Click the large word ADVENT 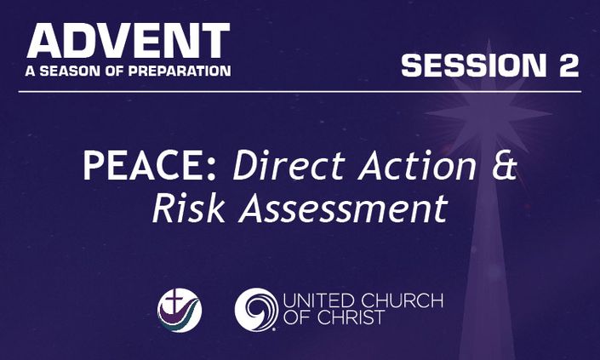click(x=129, y=41)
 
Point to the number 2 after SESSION click(x=568, y=65)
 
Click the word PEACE click(x=145, y=165)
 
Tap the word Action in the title click(x=418, y=165)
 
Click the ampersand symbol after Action click(x=505, y=165)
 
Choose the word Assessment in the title click(x=343, y=208)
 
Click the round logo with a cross click(x=180, y=311)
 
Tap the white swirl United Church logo click(x=256, y=310)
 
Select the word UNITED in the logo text click(x=319, y=301)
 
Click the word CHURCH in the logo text click(x=403, y=301)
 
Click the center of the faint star click(x=489, y=114)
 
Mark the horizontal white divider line click(x=300, y=92)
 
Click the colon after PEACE click(x=211, y=170)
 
